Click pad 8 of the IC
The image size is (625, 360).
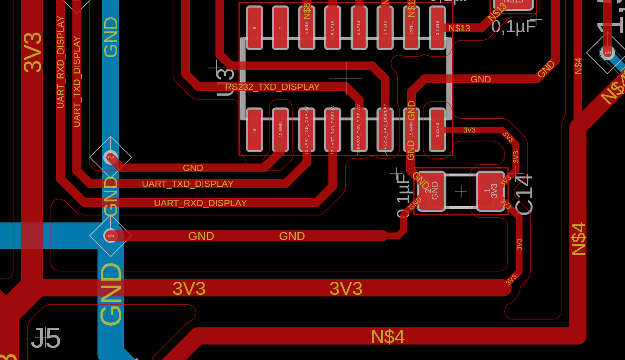tap(254, 28)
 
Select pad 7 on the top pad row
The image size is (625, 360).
tap(280, 28)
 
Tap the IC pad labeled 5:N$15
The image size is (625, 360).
tap(333, 28)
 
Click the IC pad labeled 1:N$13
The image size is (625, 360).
tap(437, 28)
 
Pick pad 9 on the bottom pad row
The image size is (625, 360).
tap(254, 130)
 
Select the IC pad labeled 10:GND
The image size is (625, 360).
tap(280, 130)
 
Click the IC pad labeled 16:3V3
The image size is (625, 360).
tap(437, 130)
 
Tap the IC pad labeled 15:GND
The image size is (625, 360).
tap(411, 130)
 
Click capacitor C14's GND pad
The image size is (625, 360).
tap(431, 191)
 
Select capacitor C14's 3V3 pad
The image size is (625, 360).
tap(491, 191)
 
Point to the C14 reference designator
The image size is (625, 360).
tap(524, 195)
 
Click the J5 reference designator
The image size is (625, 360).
tap(46, 338)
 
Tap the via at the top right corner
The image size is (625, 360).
tap(607, 53)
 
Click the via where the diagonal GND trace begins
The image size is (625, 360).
tap(110, 157)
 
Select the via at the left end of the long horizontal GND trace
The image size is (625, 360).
tap(110, 236)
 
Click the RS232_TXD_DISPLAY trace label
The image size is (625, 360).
tap(272, 87)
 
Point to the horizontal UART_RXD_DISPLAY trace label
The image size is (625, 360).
tap(200, 203)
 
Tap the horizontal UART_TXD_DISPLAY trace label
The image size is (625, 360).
tap(187, 184)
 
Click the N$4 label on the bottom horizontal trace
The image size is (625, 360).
tap(387, 337)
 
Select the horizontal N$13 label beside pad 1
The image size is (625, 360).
tap(459, 28)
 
